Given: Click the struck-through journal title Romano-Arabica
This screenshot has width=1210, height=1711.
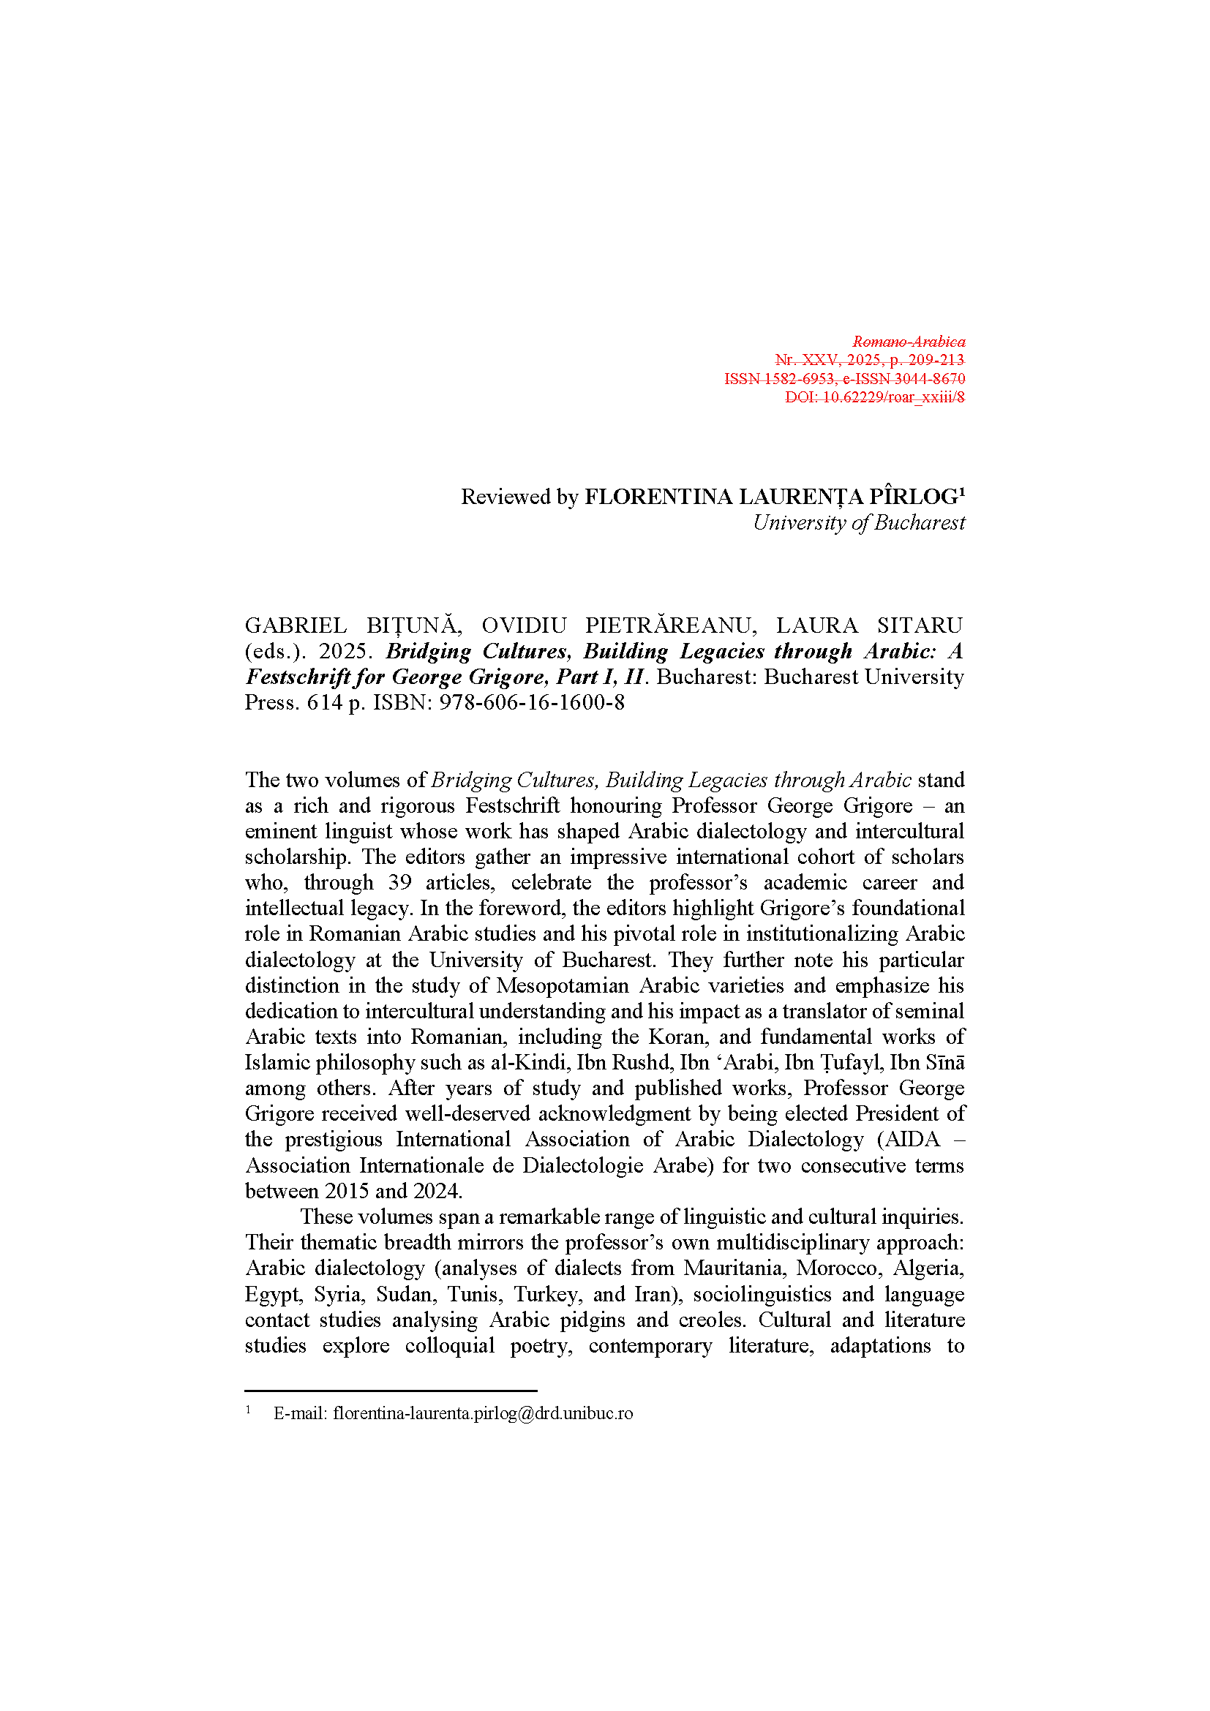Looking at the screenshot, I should click(909, 342).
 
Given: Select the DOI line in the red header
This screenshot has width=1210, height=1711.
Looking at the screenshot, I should click(874, 397).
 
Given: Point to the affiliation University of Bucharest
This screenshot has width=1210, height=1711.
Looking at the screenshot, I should click(858, 523).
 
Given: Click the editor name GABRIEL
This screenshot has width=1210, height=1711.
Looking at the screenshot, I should click(296, 625).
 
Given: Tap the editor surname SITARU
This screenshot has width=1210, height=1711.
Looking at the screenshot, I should click(920, 625).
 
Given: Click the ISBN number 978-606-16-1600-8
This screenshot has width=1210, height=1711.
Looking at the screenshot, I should click(531, 703).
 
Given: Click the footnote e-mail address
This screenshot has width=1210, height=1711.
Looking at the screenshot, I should click(483, 1414).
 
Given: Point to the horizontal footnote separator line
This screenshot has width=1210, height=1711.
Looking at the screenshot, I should click(391, 1391).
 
